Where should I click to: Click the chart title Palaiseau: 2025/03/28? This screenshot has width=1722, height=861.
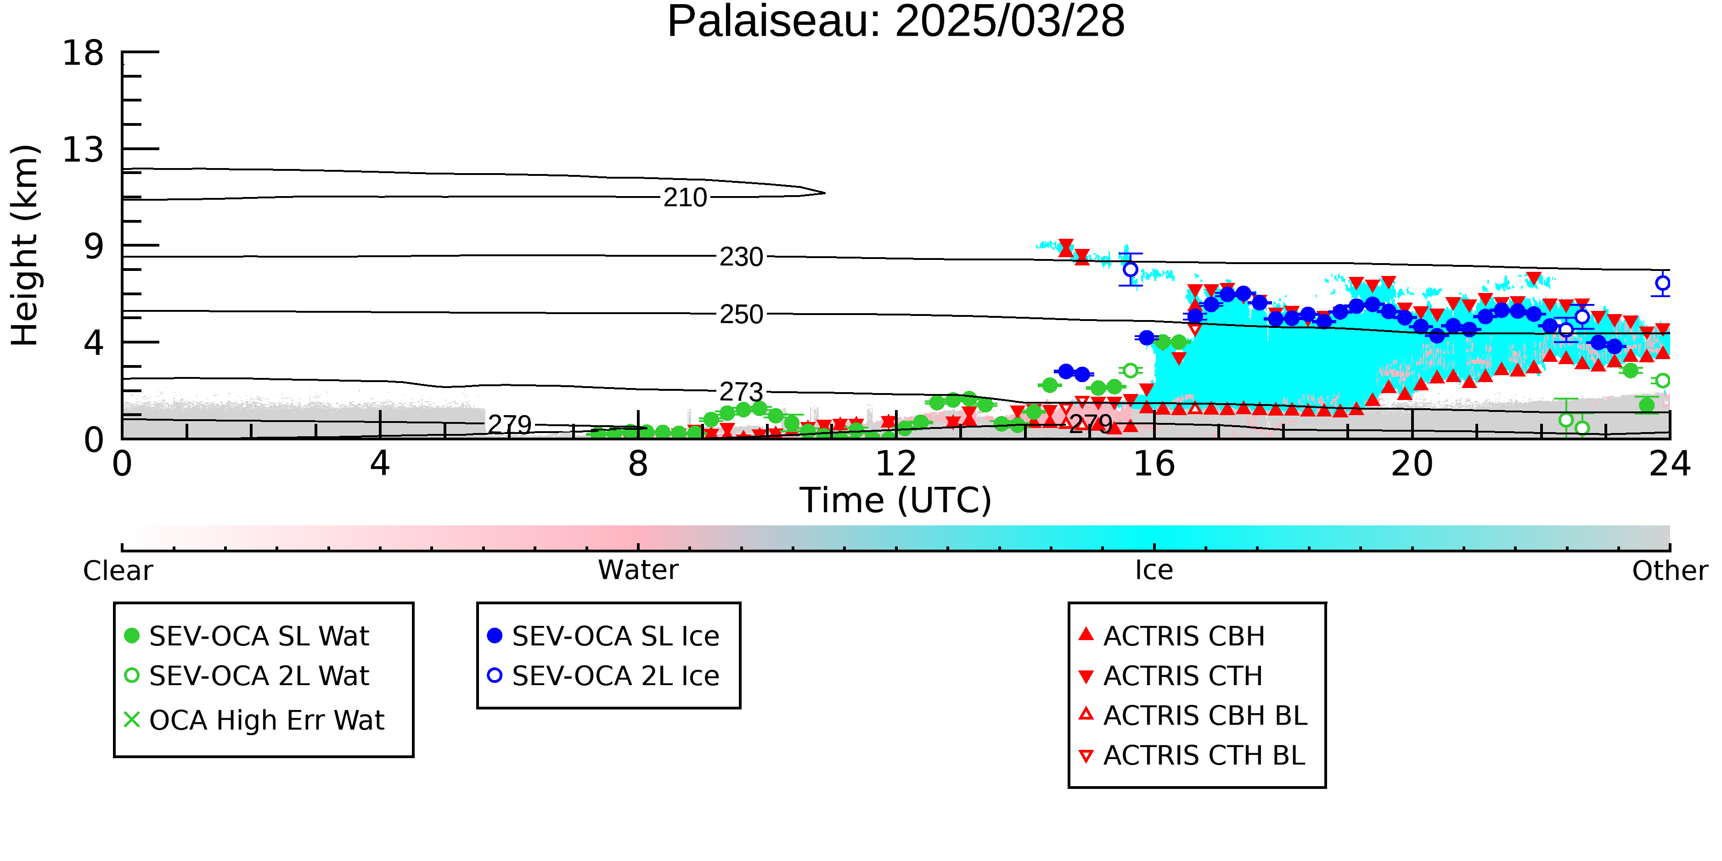pos(896,22)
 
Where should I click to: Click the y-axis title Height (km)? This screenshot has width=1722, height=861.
pos(25,245)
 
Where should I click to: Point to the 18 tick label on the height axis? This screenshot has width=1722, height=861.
pos(83,53)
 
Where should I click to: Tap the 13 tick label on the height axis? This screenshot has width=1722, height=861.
pos(83,150)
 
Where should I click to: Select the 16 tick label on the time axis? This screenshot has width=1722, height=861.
pos(1154,463)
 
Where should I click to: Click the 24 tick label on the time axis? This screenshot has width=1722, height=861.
pos(1670,463)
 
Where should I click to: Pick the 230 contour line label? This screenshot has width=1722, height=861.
pos(741,257)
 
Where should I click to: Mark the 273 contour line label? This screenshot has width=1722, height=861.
pos(741,393)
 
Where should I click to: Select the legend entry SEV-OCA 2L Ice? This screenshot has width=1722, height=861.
pos(604,676)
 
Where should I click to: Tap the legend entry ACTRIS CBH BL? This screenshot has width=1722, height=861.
pos(1193,715)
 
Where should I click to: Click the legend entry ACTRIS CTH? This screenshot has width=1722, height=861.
pos(1171,676)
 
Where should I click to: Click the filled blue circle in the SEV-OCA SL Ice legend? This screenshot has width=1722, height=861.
pos(495,636)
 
